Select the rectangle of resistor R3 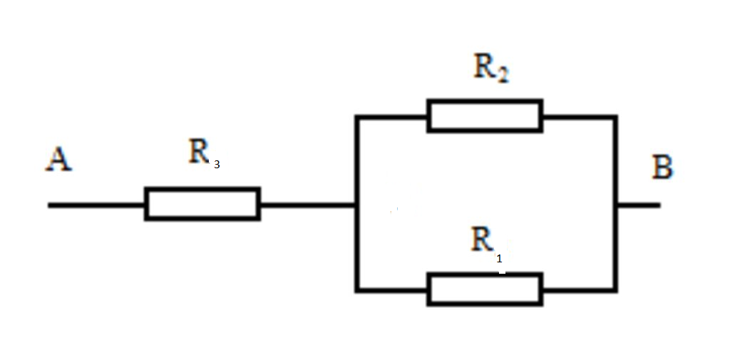pos(202,203)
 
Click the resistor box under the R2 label pos(485,116)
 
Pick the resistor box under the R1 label pos(485,289)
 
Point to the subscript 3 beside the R pos(217,165)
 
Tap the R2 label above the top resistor pos(490,71)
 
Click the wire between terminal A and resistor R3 pos(96,205)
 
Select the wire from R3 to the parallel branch pos(308,205)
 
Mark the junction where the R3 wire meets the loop pos(356,205)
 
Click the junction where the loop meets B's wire pos(616,205)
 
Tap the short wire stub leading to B pos(638,205)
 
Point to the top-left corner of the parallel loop pos(356,117)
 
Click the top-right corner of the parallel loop pos(616,117)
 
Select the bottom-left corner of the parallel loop pos(356,290)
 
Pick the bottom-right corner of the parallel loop pos(616,290)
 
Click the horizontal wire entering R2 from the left pos(392,117)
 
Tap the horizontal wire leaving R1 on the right pos(580,290)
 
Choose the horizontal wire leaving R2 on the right pos(580,117)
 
